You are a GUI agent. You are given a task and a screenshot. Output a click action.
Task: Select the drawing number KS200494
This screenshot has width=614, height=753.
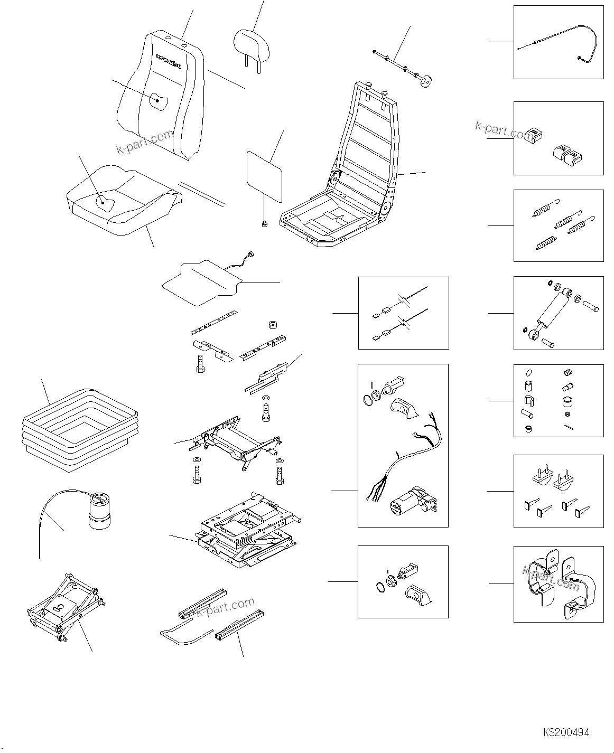pos(565,732)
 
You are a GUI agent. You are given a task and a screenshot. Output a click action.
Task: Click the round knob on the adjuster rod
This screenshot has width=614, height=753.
pos(425,81)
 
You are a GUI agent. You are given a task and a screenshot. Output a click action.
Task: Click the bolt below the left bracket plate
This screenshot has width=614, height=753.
pos(200,364)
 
